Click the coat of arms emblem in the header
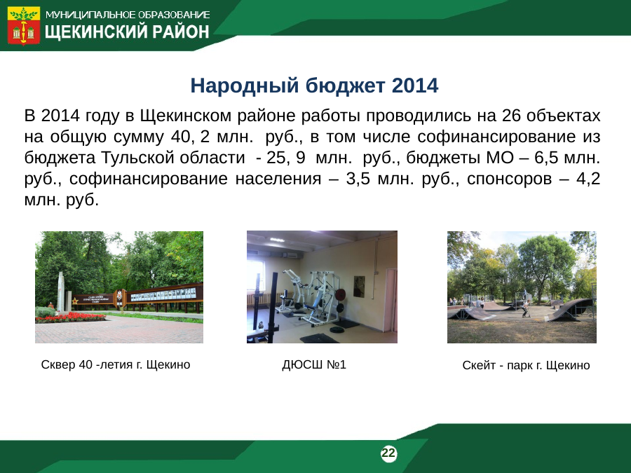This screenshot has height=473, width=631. pyautogui.click(x=24, y=25)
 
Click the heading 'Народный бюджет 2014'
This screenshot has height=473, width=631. pyautogui.click(x=314, y=85)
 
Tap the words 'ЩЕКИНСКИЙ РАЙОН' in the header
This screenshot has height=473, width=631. pyautogui.click(x=127, y=32)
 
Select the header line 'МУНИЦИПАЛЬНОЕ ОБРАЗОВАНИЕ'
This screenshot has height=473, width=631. pyautogui.click(x=128, y=15)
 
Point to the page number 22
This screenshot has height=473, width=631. pyautogui.click(x=388, y=453)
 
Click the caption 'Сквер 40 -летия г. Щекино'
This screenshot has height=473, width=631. pyautogui.click(x=116, y=364)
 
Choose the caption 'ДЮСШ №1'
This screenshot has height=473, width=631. pyautogui.click(x=314, y=364)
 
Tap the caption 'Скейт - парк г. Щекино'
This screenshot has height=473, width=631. pyautogui.click(x=526, y=365)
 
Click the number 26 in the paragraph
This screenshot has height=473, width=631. pyautogui.click(x=511, y=116)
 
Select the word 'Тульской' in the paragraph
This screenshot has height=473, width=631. pyautogui.click(x=137, y=157)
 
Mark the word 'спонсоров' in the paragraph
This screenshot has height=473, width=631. pyautogui.click(x=510, y=179)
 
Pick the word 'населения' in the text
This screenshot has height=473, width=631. pyautogui.click(x=278, y=179)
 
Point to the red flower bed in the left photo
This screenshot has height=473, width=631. pyautogui.click(x=70, y=317)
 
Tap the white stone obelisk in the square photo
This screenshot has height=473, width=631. pyautogui.click(x=61, y=292)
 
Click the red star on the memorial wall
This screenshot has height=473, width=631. pyautogui.click(x=75, y=301)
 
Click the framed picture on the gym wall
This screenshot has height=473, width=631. pyautogui.click(x=359, y=287)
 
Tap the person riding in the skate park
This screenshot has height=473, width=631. pyautogui.click(x=525, y=308)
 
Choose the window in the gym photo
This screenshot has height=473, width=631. pyautogui.click(x=257, y=277)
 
